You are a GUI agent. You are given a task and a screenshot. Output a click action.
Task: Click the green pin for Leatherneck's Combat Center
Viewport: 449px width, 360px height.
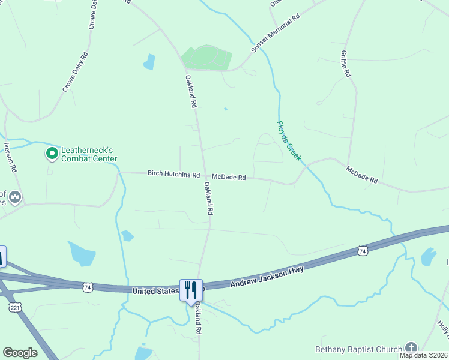click(x=52, y=154)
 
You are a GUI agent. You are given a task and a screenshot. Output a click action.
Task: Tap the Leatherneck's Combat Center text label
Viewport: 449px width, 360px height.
click(x=89, y=154)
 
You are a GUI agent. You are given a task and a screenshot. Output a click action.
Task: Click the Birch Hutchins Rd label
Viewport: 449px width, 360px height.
click(x=173, y=175)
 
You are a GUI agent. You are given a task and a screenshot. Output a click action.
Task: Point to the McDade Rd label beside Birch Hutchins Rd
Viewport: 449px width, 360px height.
click(x=229, y=177)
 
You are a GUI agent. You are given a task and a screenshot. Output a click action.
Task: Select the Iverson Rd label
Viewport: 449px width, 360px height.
click(x=8, y=156)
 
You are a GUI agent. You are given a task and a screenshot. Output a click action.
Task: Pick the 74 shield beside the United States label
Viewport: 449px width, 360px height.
click(x=88, y=288)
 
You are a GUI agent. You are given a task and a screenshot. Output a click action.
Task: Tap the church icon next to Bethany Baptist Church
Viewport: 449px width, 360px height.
click(x=411, y=348)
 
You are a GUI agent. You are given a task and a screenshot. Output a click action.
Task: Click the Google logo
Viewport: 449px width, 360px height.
click(x=20, y=353)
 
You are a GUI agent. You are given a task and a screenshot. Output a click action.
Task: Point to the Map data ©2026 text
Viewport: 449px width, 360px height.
click(x=423, y=355)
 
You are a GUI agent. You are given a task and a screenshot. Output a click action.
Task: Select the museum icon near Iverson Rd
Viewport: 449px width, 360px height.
click(x=16, y=197)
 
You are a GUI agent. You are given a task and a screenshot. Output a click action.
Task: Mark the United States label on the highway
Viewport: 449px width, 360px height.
click(x=155, y=290)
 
